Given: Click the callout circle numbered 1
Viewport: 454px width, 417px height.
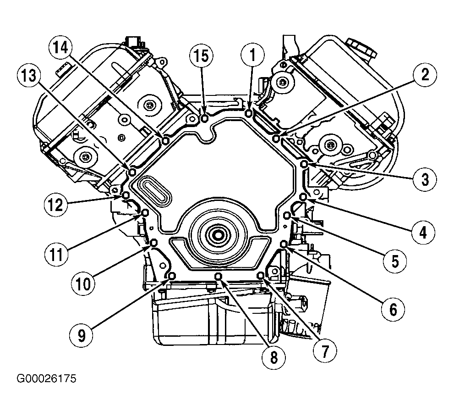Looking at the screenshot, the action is pyautogui.click(x=252, y=55).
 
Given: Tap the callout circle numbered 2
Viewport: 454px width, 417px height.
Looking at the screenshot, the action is pyautogui.click(x=425, y=75).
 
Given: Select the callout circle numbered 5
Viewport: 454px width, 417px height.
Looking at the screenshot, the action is pyautogui.click(x=395, y=261).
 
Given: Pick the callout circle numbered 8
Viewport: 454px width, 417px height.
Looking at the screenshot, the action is pyautogui.click(x=273, y=357).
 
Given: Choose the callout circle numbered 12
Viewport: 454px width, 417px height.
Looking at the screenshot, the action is pyautogui.click(x=55, y=205).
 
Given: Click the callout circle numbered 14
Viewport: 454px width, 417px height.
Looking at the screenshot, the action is pyautogui.click(x=60, y=48).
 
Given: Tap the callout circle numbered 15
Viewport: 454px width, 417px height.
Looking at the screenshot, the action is pyautogui.click(x=201, y=56).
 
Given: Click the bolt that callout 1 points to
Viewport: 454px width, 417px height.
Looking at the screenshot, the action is pyautogui.click(x=249, y=113).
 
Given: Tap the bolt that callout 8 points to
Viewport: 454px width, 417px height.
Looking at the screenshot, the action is pyautogui.click(x=219, y=276).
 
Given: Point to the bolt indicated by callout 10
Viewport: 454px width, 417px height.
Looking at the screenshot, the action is pyautogui.click(x=154, y=242).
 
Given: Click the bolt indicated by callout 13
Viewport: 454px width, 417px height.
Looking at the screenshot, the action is pyautogui.click(x=132, y=172).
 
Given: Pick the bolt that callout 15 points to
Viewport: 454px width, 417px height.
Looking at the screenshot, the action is pyautogui.click(x=204, y=118).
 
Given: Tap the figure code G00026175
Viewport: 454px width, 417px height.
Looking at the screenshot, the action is pyautogui.click(x=46, y=379).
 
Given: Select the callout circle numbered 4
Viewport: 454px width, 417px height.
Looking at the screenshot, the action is pyautogui.click(x=423, y=232).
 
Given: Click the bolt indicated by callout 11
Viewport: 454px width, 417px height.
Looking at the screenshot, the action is pyautogui.click(x=145, y=213).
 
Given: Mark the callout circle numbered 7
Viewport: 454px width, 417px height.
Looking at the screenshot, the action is pyautogui.click(x=325, y=351).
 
